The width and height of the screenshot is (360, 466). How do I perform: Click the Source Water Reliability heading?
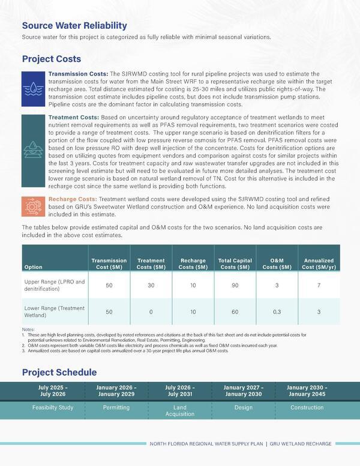click(x=74, y=25)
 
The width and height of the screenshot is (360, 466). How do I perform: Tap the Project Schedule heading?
click(x=59, y=372)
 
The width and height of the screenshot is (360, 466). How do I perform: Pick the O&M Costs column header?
click(x=277, y=262)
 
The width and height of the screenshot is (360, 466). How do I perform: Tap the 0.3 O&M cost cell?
click(x=277, y=312)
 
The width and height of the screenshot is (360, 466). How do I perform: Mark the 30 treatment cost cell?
click(x=151, y=285)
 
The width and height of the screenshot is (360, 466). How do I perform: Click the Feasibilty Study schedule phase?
click(x=52, y=408)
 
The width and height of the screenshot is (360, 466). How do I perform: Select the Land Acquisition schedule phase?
click(x=180, y=411)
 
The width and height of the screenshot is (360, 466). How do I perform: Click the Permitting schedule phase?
click(x=116, y=408)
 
